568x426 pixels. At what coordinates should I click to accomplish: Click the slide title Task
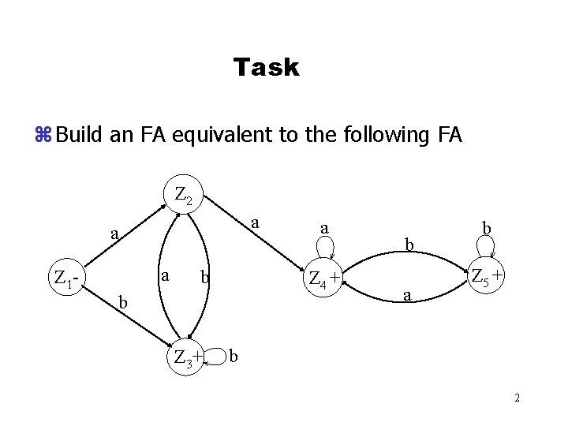(267, 68)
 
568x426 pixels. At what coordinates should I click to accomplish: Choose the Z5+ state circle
(487, 276)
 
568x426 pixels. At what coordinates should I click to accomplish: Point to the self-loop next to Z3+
(215, 357)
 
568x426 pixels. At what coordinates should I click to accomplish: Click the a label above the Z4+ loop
(323, 228)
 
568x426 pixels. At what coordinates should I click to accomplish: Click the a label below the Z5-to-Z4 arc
(406, 297)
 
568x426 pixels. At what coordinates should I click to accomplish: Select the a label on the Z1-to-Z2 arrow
(114, 234)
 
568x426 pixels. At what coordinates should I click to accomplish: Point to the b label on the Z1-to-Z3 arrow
(121, 302)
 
